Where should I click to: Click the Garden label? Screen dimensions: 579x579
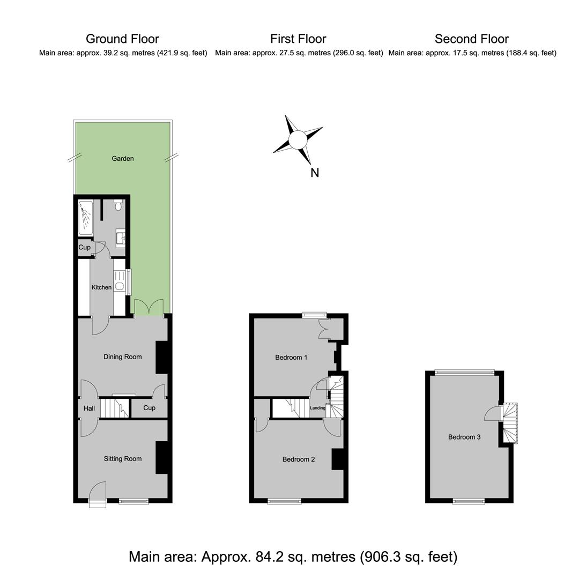pos(123,158)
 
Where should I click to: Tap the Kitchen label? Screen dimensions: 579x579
pos(101,287)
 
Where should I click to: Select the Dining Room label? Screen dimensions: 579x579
pos(123,357)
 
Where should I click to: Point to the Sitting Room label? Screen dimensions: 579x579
pos(123,458)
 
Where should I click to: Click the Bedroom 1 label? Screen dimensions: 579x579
pos(291,357)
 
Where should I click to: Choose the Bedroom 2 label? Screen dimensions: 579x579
pos(299,459)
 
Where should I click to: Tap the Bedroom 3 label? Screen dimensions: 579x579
pos(464,437)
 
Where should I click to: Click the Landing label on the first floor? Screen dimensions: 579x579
pos(317,407)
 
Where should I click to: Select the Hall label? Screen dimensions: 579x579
pos(89,408)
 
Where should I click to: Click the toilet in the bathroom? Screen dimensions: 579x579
pos(118,205)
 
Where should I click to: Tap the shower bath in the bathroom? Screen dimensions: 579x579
pos(86,218)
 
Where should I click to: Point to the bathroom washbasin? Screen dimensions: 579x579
pos(121,238)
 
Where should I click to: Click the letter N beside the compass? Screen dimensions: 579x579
pos(315,173)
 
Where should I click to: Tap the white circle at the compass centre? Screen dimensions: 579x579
pos(298,140)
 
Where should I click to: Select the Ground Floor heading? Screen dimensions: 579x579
pos(123,39)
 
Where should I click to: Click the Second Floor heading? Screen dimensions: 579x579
pos(472,39)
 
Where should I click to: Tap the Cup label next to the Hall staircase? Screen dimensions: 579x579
pos(149,407)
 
